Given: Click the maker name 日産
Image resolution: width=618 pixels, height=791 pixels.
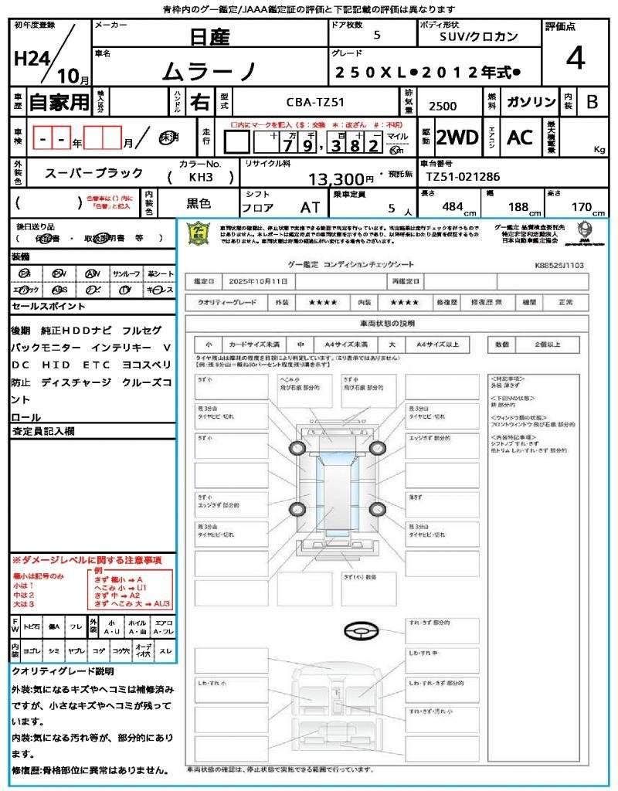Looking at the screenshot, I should click(x=209, y=36).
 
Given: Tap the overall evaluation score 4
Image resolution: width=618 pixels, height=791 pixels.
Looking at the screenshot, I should click(x=575, y=58).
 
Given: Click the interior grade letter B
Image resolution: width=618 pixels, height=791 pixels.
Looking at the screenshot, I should click(x=592, y=101).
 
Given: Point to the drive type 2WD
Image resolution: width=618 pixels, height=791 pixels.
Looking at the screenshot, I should click(x=457, y=137).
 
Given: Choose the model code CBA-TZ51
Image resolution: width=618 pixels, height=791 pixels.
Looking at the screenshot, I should click(x=316, y=101).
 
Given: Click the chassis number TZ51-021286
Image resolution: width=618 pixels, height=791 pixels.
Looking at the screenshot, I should click(x=463, y=177).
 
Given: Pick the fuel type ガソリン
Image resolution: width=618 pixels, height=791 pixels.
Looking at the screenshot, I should click(x=531, y=101).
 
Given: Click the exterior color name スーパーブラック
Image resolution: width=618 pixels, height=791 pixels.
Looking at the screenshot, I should click(x=93, y=173).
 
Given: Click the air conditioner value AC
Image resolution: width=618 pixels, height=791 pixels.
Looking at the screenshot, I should click(x=520, y=137).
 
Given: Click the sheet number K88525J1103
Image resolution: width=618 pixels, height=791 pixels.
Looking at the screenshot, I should click(x=559, y=264).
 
